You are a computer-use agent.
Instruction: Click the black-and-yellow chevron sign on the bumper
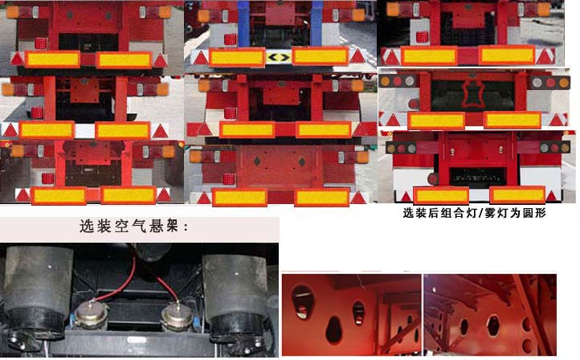(278, 57)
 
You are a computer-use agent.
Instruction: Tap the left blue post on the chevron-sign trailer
(243, 23)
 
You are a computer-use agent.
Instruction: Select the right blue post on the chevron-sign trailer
(317, 23)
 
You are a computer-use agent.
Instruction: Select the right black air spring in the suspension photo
(236, 292)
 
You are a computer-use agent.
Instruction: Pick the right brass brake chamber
(178, 317)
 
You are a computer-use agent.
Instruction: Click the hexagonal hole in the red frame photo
(493, 325)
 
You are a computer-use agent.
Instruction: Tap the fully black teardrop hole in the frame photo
(333, 330)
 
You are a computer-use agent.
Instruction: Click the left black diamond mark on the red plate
(257, 161)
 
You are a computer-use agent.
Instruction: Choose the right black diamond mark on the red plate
(302, 162)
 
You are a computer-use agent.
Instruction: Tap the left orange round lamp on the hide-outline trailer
(385, 81)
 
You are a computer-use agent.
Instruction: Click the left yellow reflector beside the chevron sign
(237, 57)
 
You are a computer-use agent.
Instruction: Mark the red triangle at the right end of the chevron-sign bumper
(357, 56)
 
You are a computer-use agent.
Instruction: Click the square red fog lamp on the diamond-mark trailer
(228, 178)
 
